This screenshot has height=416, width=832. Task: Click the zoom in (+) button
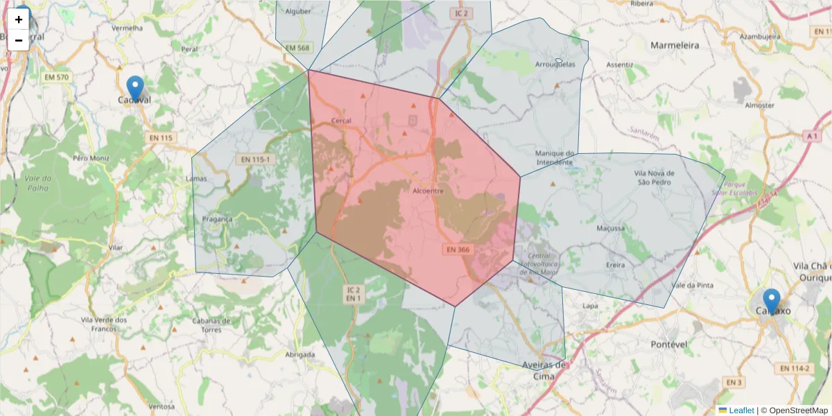tap(19, 19)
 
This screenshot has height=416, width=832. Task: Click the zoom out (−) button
tap(19, 40)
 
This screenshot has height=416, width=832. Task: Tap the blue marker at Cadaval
tap(136, 89)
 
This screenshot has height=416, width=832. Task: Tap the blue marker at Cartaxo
tap(771, 301)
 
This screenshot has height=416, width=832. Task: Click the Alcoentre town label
tap(428, 190)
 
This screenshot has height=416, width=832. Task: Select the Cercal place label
tap(342, 120)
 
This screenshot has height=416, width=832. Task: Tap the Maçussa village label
tap(610, 227)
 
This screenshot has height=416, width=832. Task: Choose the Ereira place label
tap(615, 265)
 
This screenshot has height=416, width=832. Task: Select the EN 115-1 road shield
tap(254, 159)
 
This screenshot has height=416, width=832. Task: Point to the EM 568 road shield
tap(297, 47)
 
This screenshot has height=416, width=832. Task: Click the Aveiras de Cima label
tap(544, 370)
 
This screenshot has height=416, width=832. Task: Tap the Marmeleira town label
tap(675, 45)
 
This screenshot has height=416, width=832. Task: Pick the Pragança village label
tap(217, 218)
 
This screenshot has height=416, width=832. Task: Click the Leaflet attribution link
tap(741, 410)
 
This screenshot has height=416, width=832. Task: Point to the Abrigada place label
tap(300, 354)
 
